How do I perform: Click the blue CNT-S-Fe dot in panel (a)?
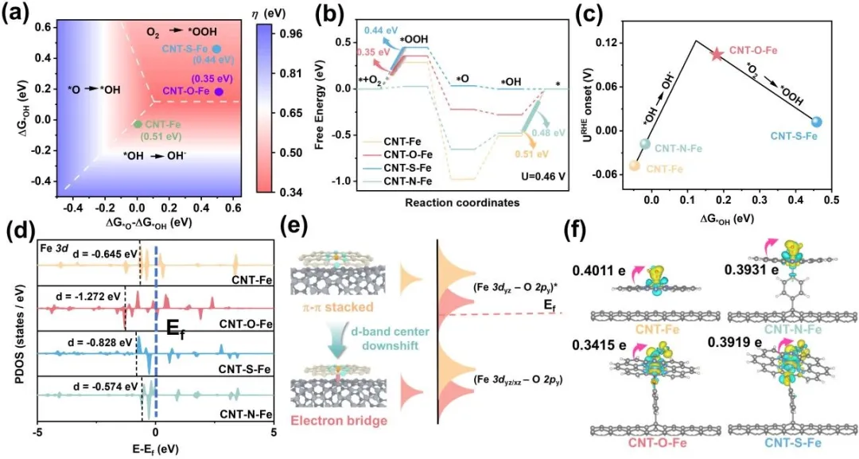click(x=217, y=49)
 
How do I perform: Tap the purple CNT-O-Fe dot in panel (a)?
click(x=219, y=92)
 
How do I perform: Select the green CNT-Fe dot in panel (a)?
click(x=138, y=124)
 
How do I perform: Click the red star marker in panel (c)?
click(x=717, y=53)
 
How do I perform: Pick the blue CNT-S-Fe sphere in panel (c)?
click(x=817, y=122)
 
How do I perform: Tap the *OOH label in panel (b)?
click(x=414, y=38)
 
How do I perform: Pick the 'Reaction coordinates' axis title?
click(x=453, y=202)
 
